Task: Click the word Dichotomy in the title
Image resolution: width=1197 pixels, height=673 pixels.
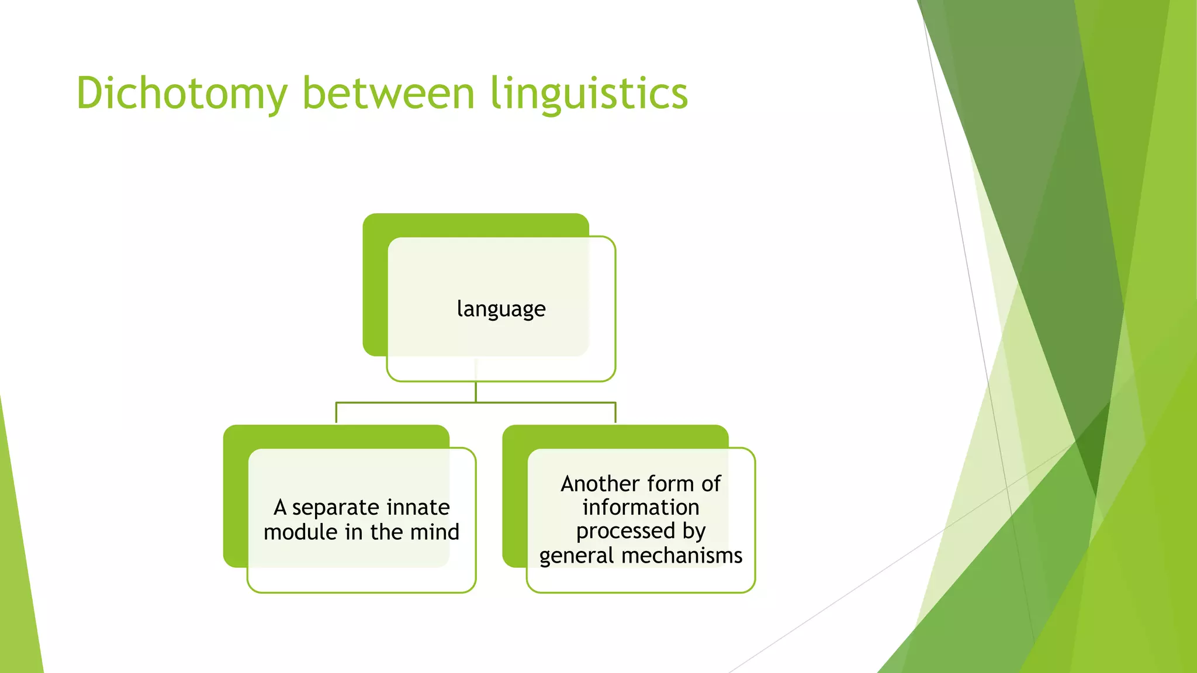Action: tap(182, 93)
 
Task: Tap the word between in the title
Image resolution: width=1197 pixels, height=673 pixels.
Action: tap(388, 93)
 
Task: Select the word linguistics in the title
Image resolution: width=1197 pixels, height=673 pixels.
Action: tap(589, 93)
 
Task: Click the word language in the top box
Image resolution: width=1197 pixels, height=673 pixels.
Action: tap(501, 308)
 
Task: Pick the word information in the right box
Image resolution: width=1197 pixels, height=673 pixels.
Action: tap(641, 507)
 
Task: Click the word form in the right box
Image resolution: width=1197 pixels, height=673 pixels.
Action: tap(670, 484)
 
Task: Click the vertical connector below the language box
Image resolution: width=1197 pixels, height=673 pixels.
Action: tap(476, 391)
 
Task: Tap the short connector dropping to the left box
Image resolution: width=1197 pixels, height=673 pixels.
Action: tap(336, 413)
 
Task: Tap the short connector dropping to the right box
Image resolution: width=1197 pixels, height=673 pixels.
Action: tap(615, 413)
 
